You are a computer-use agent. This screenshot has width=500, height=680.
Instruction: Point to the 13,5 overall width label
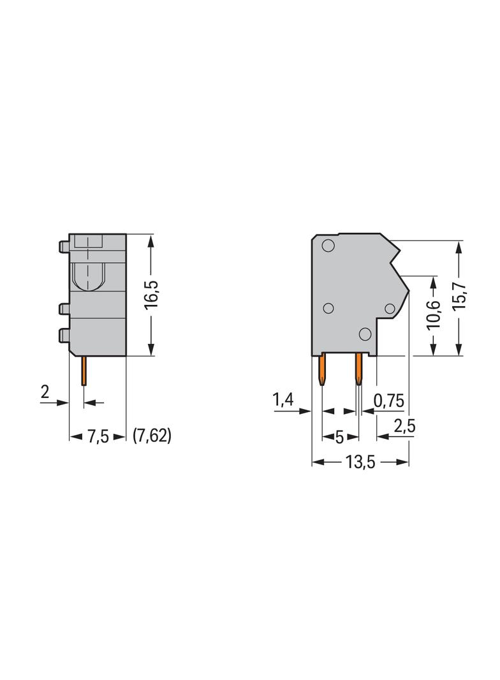(360, 462)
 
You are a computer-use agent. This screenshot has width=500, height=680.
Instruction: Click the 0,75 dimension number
(388, 401)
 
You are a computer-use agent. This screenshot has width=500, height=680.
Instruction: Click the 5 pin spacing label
(339, 437)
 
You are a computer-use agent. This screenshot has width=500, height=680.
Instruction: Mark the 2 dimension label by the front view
(45, 392)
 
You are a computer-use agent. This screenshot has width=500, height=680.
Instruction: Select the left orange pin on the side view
(323, 371)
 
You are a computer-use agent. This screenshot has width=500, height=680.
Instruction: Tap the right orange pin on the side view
(358, 371)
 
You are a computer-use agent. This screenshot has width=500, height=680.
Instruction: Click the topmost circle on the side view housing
(328, 246)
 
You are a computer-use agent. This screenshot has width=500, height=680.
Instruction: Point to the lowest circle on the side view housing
(365, 334)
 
